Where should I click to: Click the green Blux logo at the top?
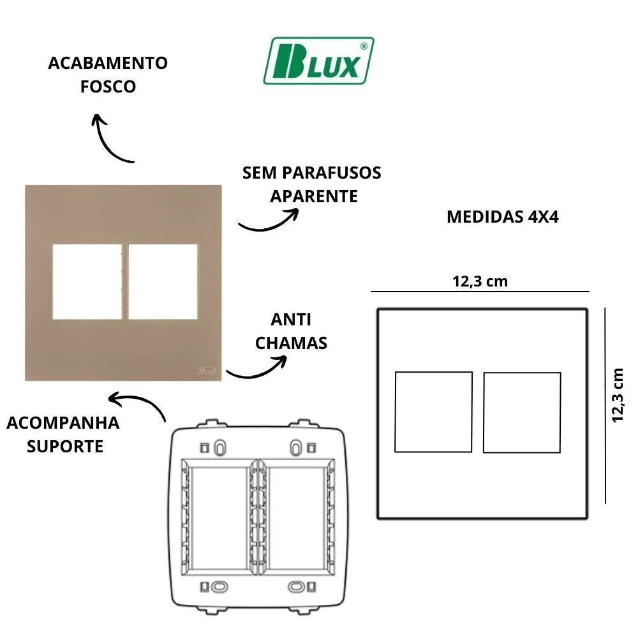pos(318,61)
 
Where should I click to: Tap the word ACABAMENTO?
pos(108,63)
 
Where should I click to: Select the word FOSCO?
pos(108,87)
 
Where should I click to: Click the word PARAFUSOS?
pos(332,173)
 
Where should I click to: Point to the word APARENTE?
pos(314,197)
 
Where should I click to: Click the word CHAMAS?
pos(292,343)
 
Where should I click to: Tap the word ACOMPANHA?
pos(63,423)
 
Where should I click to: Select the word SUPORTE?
pos(65,447)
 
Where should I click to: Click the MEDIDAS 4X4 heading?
pos(503,217)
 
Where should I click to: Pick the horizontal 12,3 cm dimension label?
pos(480,281)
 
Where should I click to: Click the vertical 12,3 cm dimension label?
pos(618,396)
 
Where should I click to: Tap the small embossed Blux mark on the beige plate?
pos(207,371)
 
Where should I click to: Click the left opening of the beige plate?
pos(87,281)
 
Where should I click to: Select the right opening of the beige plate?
pos(163,281)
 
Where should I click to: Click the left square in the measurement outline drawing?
pos(433,412)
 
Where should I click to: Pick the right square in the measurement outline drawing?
pos(522,413)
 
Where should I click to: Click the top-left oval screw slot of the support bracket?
pos(219,448)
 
